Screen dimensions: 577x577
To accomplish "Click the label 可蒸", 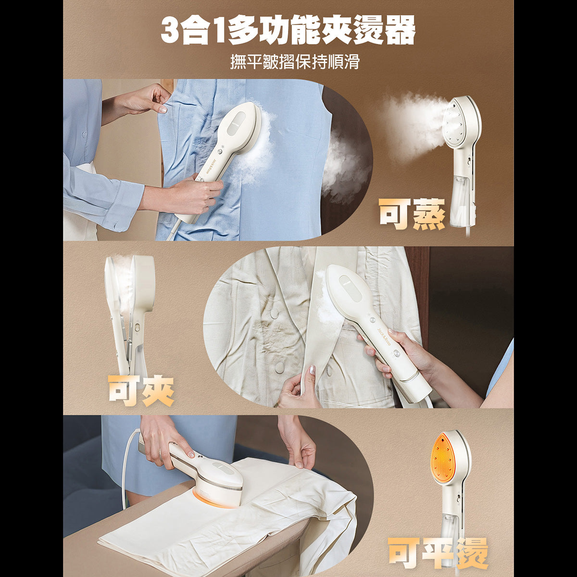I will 412,213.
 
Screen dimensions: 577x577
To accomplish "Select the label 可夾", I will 140,390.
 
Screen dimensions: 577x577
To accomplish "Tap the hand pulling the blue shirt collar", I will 144,99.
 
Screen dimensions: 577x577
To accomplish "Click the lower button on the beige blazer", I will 279,367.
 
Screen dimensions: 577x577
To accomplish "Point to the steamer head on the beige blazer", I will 349,288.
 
